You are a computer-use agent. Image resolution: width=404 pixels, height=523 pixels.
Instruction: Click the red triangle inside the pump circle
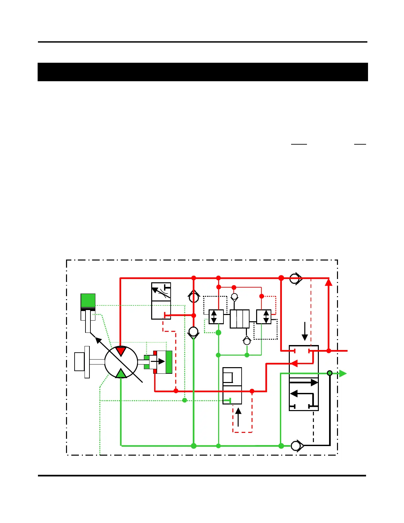pos(121,351)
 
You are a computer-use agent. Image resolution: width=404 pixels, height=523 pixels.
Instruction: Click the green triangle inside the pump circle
pos(121,373)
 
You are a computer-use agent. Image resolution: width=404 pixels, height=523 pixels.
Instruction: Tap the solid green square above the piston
pos(88,300)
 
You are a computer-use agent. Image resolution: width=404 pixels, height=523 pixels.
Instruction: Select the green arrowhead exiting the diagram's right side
pos(343,373)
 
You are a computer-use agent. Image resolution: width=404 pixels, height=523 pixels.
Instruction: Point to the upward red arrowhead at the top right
pos(328,282)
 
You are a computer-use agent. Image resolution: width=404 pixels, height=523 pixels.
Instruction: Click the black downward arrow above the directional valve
pos(305,331)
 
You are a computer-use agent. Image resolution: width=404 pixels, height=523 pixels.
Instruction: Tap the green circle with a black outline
pos(329,373)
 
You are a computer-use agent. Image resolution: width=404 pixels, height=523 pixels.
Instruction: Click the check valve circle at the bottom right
pos(296,446)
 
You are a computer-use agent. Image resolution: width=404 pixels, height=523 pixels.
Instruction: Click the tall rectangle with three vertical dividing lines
pos(240,319)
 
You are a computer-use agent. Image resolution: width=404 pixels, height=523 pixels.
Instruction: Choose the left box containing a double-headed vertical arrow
pos(216,317)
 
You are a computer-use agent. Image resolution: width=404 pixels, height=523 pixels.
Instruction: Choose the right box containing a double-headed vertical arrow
pos(264,317)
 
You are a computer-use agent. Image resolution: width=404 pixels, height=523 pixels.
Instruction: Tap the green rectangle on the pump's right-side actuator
pos(169,362)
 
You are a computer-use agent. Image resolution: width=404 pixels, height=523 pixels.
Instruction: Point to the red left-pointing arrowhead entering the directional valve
pos(293,364)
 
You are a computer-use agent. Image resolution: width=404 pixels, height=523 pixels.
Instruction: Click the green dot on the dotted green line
pos(185,400)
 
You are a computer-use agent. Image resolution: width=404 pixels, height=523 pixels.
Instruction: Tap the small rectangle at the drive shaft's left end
pos(80,362)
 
